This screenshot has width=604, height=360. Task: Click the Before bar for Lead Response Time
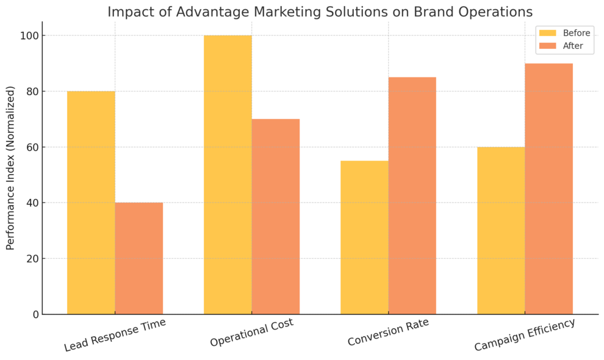click(91, 203)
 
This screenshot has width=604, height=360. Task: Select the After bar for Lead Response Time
click(139, 258)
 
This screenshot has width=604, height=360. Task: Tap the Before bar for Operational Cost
click(228, 175)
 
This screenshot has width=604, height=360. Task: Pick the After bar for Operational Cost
click(276, 217)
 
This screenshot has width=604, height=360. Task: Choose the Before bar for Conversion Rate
click(364, 237)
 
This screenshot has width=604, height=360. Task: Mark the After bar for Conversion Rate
click(412, 195)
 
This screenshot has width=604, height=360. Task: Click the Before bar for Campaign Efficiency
click(501, 231)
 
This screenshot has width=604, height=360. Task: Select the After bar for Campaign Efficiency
click(549, 189)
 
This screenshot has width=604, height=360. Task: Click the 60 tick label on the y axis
click(31, 147)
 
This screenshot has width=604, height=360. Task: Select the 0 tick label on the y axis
click(35, 314)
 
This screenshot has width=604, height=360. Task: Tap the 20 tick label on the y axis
click(31, 259)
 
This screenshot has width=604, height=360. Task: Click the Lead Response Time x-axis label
click(115, 335)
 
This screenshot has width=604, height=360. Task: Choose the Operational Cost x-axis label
click(251, 333)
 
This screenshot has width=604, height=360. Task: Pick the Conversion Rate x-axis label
click(388, 333)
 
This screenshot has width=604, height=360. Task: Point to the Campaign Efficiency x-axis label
click(525, 335)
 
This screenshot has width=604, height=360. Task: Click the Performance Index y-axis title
click(10, 168)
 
